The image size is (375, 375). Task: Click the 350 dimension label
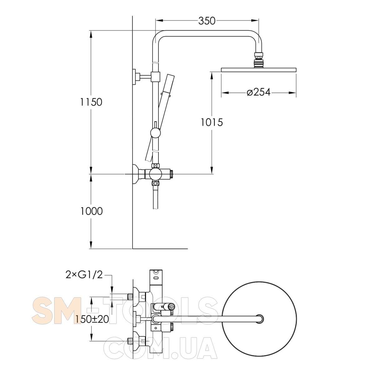pyautogui.click(x=207, y=21)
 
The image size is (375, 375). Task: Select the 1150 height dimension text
pyautogui.click(x=91, y=102)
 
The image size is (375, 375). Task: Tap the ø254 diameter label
pyautogui.click(x=259, y=92)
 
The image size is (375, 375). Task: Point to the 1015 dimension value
pyautogui.click(x=212, y=122)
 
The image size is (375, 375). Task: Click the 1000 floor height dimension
pyautogui.click(x=92, y=211)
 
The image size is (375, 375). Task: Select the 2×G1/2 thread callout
pyautogui.click(x=84, y=275)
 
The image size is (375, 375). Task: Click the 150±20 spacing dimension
pyautogui.click(x=92, y=319)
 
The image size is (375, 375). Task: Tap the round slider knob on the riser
pyautogui.click(x=155, y=133)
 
